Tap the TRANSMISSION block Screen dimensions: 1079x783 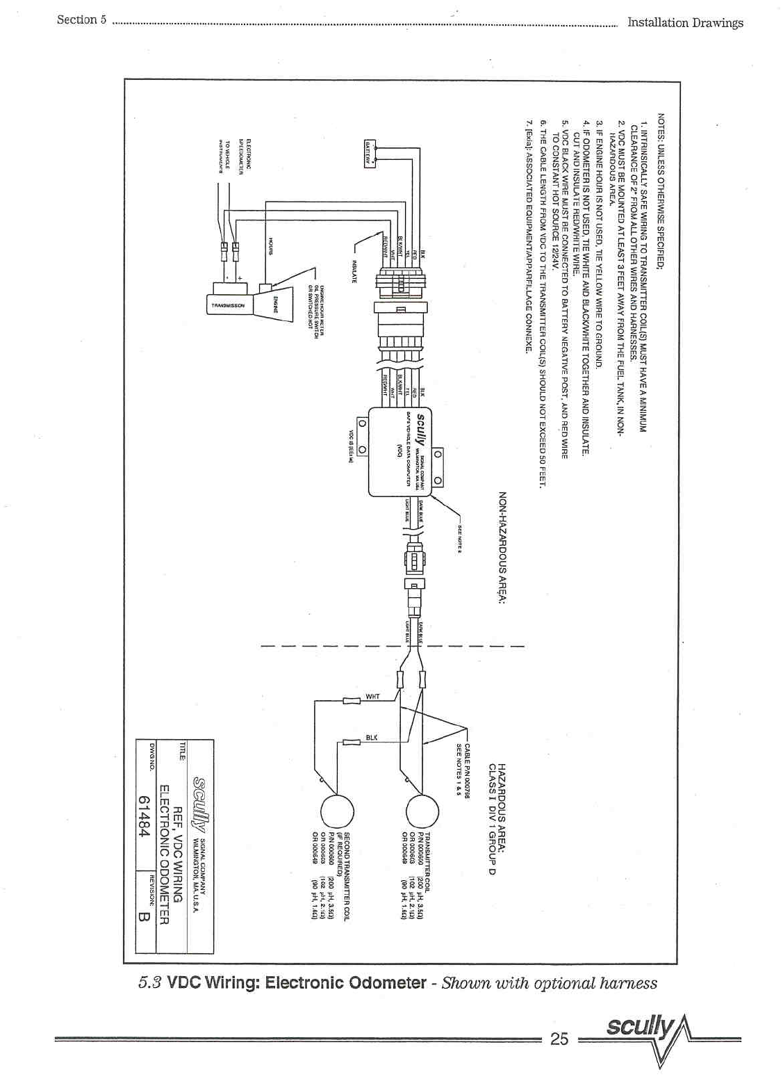[x=228, y=305]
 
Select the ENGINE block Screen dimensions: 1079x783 [x=273, y=304]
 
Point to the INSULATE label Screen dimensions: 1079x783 [x=354, y=270]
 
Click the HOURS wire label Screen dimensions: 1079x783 [x=271, y=245]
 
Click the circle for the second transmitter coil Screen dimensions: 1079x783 [x=337, y=811]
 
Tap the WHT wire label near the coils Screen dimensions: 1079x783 [x=372, y=696]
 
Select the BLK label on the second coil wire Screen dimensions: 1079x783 [x=372, y=737]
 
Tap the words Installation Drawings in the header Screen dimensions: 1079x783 [x=685, y=22]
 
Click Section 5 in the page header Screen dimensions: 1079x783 [x=81, y=19]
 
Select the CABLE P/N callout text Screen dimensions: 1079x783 [x=463, y=771]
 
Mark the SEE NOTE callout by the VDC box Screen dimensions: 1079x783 [x=460, y=535]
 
